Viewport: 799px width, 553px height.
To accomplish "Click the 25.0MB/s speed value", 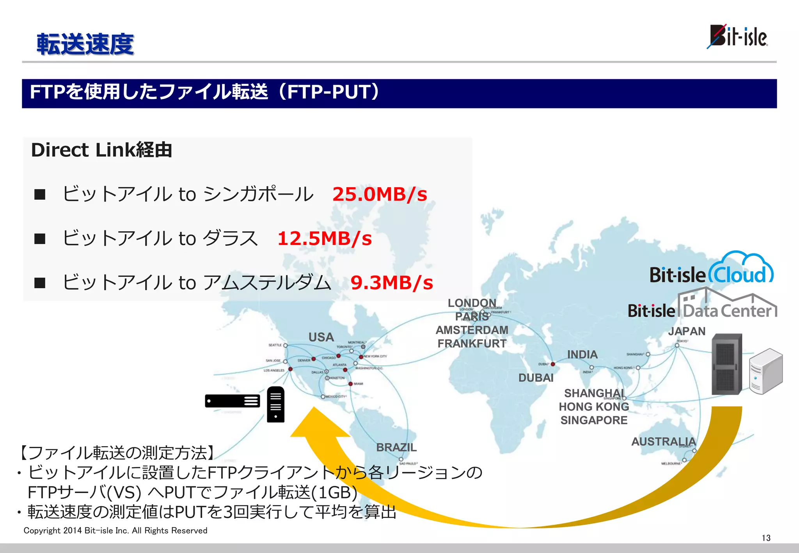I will tap(380, 194).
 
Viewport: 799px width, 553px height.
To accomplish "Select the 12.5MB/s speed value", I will tap(325, 238).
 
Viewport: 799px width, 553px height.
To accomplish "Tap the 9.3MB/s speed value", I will tap(392, 283).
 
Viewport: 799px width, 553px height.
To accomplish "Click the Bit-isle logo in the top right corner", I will tap(737, 37).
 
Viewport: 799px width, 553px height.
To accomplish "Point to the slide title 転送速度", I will tap(85, 44).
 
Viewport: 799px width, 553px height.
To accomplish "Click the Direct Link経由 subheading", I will tap(101, 150).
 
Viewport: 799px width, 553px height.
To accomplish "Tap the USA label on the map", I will tap(321, 337).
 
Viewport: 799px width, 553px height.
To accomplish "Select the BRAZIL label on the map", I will tap(396, 447).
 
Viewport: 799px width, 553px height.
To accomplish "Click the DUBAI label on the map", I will tap(536, 378).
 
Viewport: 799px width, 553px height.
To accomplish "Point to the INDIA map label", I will tap(582, 354).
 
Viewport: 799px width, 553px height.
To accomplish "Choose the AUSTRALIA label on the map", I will tap(663, 441).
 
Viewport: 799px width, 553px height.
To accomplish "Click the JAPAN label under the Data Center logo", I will tap(687, 331).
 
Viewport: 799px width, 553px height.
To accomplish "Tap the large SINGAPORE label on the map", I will tap(594, 420).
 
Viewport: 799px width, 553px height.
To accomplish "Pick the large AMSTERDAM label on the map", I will tap(472, 330).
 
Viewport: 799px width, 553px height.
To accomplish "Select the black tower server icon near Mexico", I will tap(275, 404).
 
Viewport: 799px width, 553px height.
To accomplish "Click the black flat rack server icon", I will tap(233, 401).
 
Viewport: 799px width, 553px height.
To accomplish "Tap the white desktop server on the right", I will tap(765, 372).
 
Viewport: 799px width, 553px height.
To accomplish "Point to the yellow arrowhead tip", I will tap(314, 409).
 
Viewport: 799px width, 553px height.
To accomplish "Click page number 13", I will tap(766, 538).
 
